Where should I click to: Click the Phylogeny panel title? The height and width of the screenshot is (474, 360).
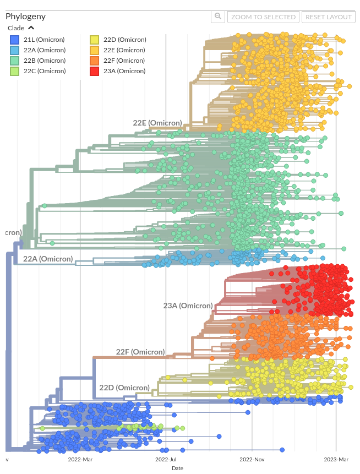click(25, 16)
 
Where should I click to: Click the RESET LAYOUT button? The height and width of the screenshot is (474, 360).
click(329, 17)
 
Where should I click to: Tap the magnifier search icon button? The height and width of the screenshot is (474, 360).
click(218, 17)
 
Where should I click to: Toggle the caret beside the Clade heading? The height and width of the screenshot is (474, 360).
click(31, 28)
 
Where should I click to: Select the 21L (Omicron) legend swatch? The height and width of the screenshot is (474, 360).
click(15, 40)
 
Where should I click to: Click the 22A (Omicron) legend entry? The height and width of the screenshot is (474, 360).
click(44, 50)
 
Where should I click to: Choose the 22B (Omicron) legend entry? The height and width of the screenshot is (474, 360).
click(44, 61)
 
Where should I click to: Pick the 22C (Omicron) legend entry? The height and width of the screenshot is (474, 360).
click(44, 71)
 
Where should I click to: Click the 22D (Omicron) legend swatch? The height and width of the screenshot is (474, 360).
click(95, 40)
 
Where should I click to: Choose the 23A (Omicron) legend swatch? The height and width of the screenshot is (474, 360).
click(95, 71)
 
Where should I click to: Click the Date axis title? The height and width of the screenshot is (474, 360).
click(177, 468)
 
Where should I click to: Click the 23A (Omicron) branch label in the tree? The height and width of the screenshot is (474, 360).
click(188, 306)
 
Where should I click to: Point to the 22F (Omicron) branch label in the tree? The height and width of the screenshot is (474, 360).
click(140, 352)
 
